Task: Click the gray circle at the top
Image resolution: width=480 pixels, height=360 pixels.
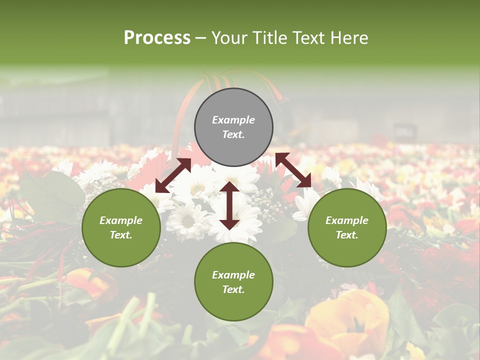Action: click(233, 127)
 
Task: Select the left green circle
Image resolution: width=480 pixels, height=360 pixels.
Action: click(121, 227)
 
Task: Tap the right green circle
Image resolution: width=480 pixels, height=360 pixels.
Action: click(347, 227)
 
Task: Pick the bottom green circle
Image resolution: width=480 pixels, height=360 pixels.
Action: click(233, 282)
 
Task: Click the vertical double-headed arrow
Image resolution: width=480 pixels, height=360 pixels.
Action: click(229, 205)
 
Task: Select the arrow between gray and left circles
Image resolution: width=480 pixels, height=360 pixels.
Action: click(173, 175)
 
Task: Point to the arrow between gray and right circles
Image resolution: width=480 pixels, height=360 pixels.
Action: click(293, 170)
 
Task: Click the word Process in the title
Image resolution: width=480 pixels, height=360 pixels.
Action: click(157, 38)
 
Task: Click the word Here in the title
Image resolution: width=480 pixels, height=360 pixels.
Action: click(349, 38)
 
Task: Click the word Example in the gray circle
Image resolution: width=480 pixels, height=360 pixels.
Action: click(233, 120)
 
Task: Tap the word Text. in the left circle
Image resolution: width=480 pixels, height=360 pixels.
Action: click(121, 235)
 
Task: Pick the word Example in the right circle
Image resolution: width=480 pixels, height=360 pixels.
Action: click(347, 220)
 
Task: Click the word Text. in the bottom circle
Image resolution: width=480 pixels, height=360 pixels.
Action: click(233, 289)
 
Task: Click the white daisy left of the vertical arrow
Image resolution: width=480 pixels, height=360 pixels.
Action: click(187, 220)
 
